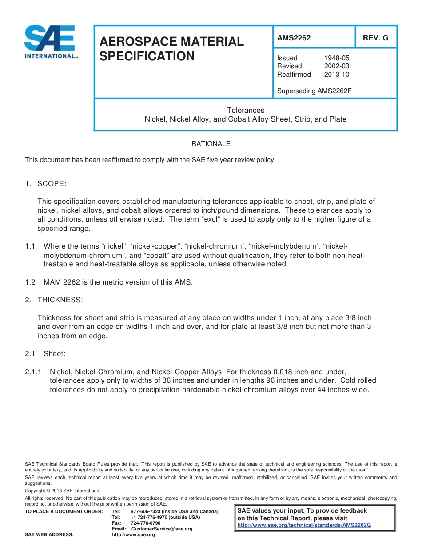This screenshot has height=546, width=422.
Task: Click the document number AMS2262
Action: pos(294,38)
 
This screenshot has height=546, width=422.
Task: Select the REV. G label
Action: pos(375,38)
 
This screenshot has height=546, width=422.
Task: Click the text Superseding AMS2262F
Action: pos(314,91)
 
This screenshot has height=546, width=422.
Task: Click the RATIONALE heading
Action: pos(211,144)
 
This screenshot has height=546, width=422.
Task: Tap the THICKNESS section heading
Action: pos(60,300)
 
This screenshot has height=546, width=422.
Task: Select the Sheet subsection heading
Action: pos(54,354)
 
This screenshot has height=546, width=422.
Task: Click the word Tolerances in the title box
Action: pos(246,110)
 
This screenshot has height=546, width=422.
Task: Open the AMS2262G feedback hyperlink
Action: pos(304,525)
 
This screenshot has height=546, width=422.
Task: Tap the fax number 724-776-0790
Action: pos(145,523)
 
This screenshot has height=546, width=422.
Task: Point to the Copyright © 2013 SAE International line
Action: pos(63,491)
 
